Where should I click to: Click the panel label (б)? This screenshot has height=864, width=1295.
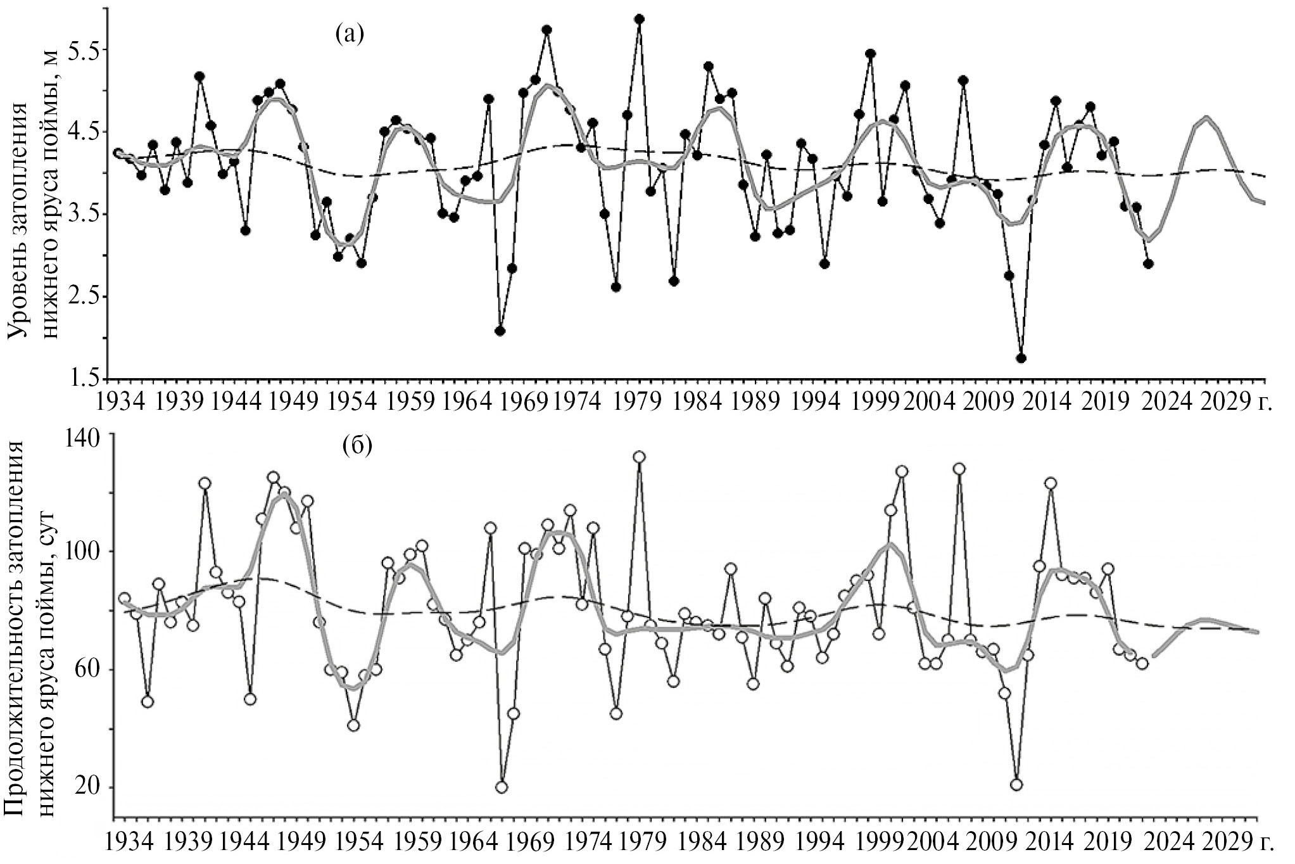point(358,447)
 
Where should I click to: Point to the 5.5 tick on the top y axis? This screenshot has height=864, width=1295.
point(83,51)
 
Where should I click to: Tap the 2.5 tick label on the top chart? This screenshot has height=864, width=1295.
point(83,298)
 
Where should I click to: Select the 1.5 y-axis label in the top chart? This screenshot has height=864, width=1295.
point(83,379)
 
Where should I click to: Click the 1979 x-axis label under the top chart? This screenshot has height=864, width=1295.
point(641,403)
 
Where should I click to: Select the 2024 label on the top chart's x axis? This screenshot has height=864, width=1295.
point(1160,403)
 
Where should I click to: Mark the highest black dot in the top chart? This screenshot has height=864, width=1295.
point(640,19)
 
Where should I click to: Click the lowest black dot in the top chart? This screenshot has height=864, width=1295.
point(1021,359)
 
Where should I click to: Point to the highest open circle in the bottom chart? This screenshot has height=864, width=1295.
point(640,457)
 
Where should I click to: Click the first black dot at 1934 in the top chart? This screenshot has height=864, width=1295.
point(118,153)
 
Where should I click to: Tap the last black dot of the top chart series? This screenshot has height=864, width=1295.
point(1149,264)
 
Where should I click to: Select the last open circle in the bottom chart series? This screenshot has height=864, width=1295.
point(1142,663)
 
